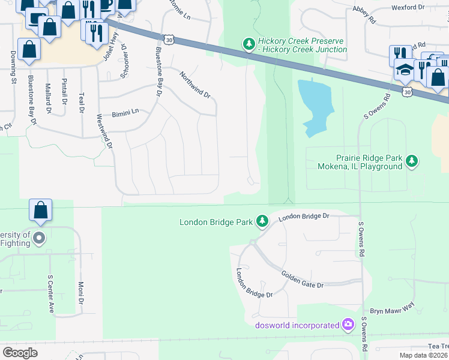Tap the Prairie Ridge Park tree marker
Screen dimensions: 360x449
pos(411,160)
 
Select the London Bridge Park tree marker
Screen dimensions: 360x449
pos(262,222)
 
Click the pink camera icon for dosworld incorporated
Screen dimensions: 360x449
pos(348,325)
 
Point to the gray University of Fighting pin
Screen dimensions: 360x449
pos(39,238)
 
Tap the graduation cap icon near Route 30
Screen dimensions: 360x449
pos(405,70)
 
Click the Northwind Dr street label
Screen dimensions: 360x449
pos(196,85)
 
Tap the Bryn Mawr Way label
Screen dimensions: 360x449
pos(392,308)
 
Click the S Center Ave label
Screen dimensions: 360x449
pos(51,294)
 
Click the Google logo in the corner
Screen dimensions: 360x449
pos(20,352)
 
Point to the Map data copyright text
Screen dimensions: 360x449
pos(423,355)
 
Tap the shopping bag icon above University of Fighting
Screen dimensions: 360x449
pos(41,210)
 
